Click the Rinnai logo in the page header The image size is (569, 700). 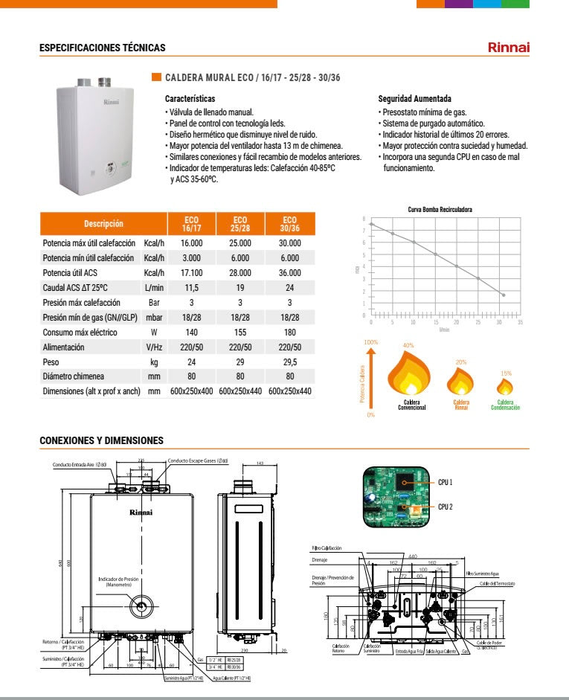(508, 48)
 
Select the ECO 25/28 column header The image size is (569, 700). (240, 224)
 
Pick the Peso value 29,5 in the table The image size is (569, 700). (289, 362)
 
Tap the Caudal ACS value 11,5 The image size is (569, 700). (191, 288)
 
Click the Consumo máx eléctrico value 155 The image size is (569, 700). (240, 333)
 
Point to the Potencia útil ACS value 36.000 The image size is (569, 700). (289, 273)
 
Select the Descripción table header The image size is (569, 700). (103, 224)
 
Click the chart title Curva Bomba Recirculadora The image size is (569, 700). (440, 210)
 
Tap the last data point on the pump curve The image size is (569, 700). (504, 295)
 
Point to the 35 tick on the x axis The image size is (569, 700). (520, 322)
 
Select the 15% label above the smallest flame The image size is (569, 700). (506, 373)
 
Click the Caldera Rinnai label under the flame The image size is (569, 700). (460, 405)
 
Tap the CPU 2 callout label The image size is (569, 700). (446, 507)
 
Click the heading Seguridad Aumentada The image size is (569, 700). (414, 99)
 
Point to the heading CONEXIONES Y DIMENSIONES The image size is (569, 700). (100, 441)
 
